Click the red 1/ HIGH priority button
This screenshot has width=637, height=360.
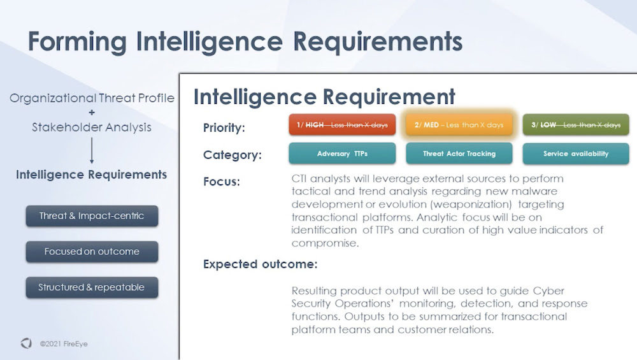click(342, 125)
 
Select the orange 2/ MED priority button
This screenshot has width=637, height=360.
click(459, 125)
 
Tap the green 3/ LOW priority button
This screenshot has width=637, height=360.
click(576, 125)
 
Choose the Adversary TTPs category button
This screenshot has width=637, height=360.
click(342, 154)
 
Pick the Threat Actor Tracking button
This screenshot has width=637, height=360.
click(459, 154)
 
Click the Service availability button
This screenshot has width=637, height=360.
click(576, 154)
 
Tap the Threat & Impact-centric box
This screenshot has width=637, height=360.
click(92, 216)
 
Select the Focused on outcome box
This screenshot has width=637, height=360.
click(92, 252)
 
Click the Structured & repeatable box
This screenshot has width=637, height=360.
click(92, 287)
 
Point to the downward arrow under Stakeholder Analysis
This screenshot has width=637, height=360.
click(92, 152)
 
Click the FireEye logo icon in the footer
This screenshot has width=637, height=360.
click(26, 343)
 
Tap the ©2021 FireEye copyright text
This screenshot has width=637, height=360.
click(64, 344)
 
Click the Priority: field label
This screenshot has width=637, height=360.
click(224, 128)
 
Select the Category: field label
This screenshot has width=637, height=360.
click(232, 155)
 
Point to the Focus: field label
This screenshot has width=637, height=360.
click(221, 182)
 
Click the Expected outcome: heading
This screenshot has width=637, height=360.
click(260, 264)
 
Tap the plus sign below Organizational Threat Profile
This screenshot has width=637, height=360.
click(92, 113)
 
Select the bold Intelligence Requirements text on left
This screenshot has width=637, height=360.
click(92, 175)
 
